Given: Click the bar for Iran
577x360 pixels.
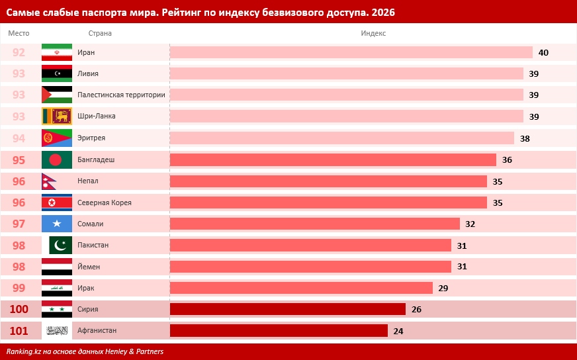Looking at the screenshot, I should coord(351,52).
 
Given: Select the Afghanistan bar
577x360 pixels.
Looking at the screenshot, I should coord(279,330).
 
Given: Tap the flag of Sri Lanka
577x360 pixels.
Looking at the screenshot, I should coord(57,116).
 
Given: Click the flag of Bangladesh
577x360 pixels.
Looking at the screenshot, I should coord(57,159).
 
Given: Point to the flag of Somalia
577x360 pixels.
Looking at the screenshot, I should coord(57,224).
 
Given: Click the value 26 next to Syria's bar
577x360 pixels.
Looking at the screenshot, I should coord(416,309).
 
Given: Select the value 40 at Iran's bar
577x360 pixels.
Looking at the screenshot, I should coord(543,52).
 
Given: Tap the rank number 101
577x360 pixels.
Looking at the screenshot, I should coord(19,330).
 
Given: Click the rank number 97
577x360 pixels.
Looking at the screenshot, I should coord(19,224).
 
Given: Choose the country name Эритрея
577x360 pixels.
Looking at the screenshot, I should coord(91,138).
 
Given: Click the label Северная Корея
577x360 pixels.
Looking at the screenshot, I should coord(105,202).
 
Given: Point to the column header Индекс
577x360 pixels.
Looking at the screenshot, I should coord(373,33).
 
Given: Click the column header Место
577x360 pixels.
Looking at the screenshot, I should coord(19,33).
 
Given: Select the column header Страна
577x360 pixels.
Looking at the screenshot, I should coord(100,33).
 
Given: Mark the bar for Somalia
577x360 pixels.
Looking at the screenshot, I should coord(314,224).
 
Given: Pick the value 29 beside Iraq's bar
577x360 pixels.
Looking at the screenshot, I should coord(443,288).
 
